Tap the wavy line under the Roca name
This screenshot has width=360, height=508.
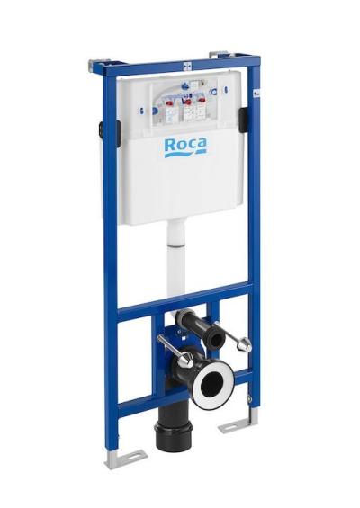click(185, 155)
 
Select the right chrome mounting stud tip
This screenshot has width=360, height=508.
click(245, 344)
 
